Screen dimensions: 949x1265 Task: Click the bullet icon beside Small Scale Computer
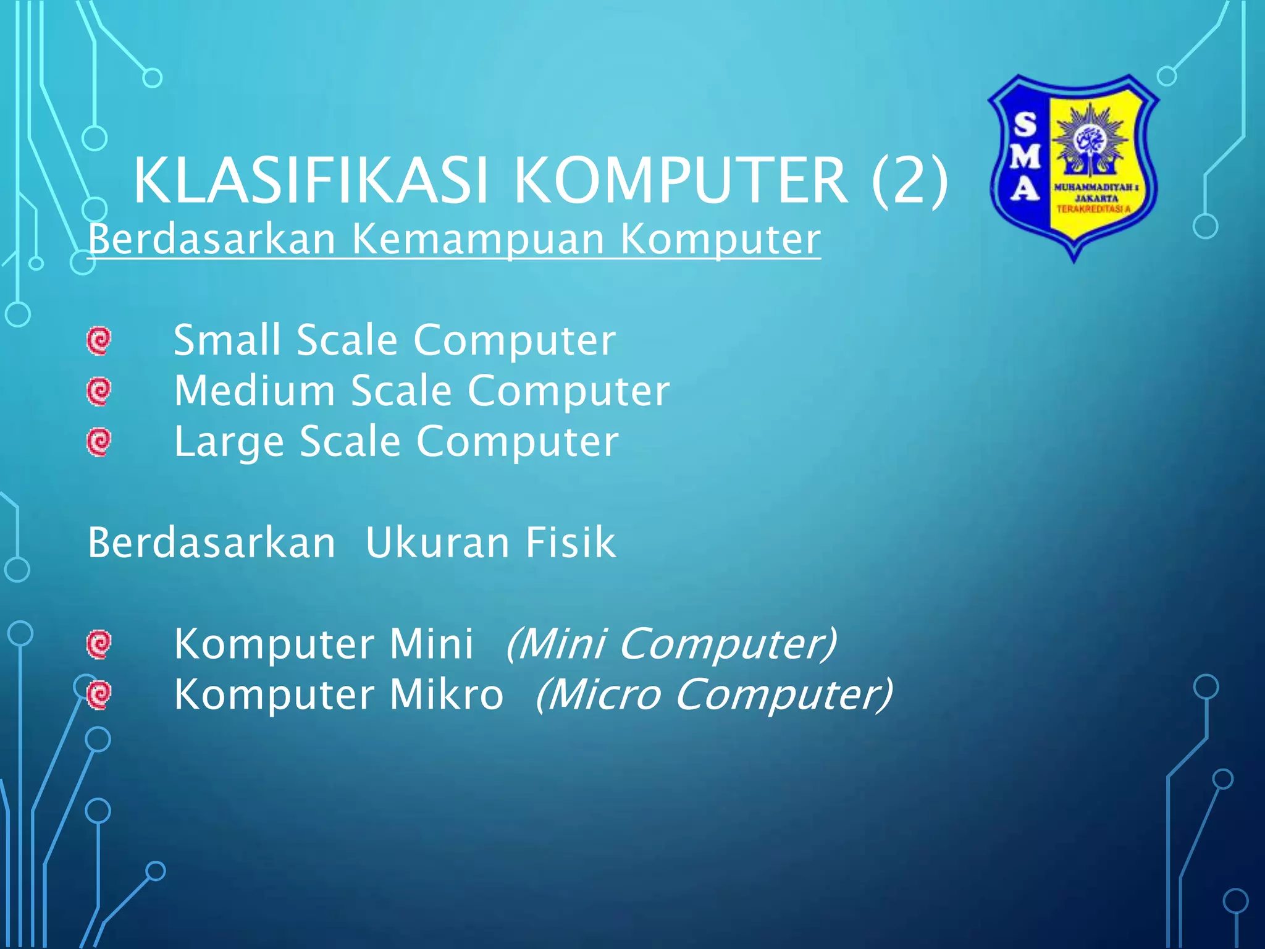pyautogui.click(x=99, y=340)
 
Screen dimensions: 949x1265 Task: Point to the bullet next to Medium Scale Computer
pyautogui.click(x=99, y=391)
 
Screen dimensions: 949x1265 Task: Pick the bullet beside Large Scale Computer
pyautogui.click(x=99, y=442)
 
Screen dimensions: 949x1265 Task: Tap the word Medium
pyautogui.click(x=254, y=391)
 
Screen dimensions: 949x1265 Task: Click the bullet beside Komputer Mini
pyautogui.click(x=99, y=644)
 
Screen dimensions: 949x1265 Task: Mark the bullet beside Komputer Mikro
pyautogui.click(x=99, y=695)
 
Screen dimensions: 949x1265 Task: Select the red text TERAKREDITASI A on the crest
pyautogui.click(x=1093, y=209)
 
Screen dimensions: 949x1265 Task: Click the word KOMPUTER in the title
pyautogui.click(x=680, y=180)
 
